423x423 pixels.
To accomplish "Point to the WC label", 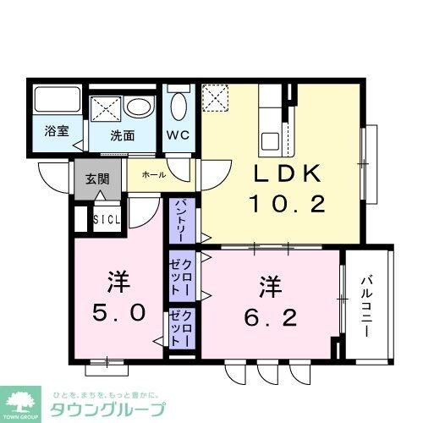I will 178,134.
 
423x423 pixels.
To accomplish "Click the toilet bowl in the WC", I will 179,105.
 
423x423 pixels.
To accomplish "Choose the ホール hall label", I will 153,174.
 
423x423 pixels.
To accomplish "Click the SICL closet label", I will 107,222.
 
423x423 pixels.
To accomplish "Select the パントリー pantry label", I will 181,219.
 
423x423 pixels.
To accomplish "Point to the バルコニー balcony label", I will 368,305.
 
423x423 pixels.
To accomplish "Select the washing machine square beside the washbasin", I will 106,109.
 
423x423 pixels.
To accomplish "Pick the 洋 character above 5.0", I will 116,278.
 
